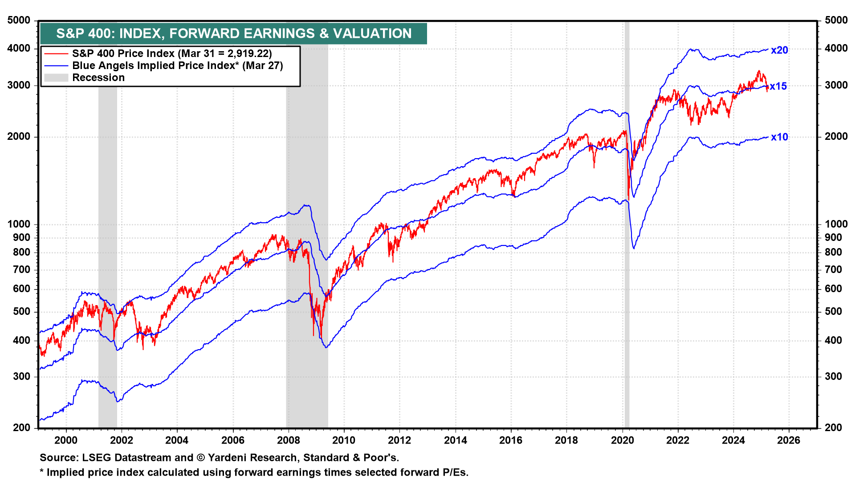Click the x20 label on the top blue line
click(779, 50)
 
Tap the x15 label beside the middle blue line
click(778, 86)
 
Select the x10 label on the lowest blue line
click(779, 137)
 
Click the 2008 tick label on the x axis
click(289, 440)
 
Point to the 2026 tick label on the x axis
click(789, 440)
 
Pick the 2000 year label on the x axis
click(66, 440)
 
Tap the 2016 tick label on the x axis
click(511, 440)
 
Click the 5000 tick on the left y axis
click(19, 20)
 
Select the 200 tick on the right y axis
click(833, 428)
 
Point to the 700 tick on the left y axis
click(22, 269)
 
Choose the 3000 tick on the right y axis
click(836, 85)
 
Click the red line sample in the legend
click(56, 53)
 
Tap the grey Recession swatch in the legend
click(56, 77)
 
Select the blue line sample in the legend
click(56, 65)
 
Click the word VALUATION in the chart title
click(372, 33)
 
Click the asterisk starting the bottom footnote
click(42, 471)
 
